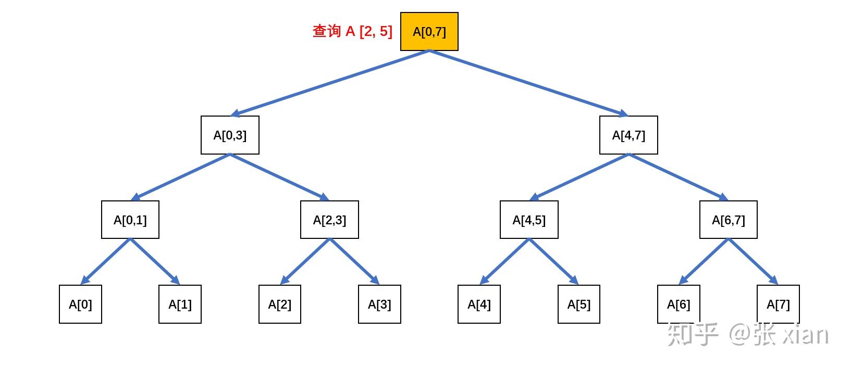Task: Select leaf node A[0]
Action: click(x=80, y=304)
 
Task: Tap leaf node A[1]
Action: click(x=180, y=304)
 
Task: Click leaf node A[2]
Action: click(x=280, y=304)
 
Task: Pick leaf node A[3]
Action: click(x=379, y=304)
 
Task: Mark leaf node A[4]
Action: click(x=479, y=304)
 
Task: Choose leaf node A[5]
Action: click(x=578, y=304)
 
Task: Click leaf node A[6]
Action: click(x=679, y=304)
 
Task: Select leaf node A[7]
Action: click(x=778, y=304)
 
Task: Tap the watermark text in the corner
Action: click(x=747, y=334)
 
